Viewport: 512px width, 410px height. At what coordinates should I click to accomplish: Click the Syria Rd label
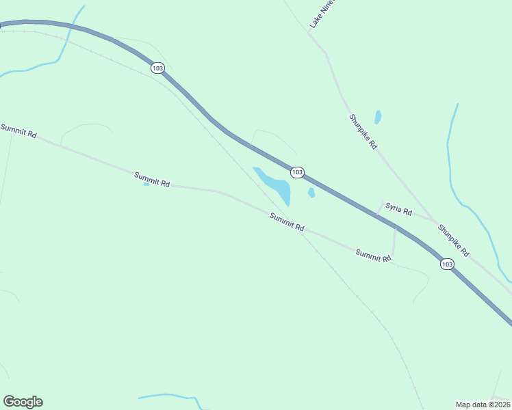click(x=398, y=208)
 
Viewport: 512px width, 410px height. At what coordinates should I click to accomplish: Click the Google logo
click(x=23, y=402)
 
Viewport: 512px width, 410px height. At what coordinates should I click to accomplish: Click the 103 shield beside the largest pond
click(x=296, y=172)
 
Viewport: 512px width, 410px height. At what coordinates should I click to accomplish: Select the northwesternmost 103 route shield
click(x=158, y=68)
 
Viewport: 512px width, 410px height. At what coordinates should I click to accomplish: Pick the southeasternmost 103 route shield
click(x=447, y=264)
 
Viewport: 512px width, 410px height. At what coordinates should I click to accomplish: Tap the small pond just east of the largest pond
click(x=311, y=193)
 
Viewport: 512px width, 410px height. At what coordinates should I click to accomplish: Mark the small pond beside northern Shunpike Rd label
click(x=378, y=117)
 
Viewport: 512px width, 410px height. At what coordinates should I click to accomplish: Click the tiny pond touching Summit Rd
click(x=146, y=184)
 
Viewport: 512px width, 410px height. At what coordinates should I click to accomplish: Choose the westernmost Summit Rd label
click(x=18, y=131)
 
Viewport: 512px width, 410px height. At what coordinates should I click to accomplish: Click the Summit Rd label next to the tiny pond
click(x=152, y=180)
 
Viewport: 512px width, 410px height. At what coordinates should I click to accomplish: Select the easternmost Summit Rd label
click(x=373, y=256)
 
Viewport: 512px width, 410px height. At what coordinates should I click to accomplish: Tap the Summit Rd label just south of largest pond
click(x=287, y=222)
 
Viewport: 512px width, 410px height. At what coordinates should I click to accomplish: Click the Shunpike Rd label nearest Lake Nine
click(x=363, y=131)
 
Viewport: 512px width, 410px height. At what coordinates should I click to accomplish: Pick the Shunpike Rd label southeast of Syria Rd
click(x=454, y=241)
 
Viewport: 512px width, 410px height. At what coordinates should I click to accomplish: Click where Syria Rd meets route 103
click(x=377, y=215)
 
